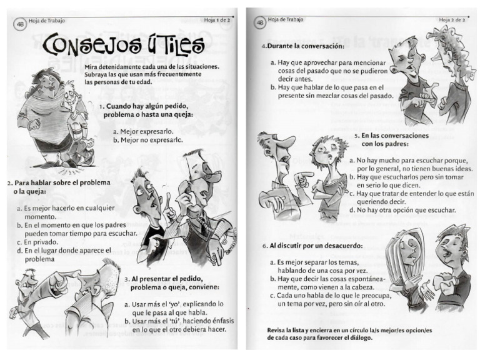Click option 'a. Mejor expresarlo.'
[142, 131]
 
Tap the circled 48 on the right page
[259, 23]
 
